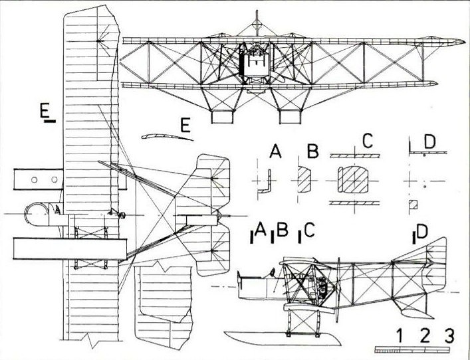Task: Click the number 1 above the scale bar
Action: (x=401, y=335)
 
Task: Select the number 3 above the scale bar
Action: (x=450, y=335)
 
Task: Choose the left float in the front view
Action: (x=222, y=117)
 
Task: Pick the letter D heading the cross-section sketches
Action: (x=429, y=141)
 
